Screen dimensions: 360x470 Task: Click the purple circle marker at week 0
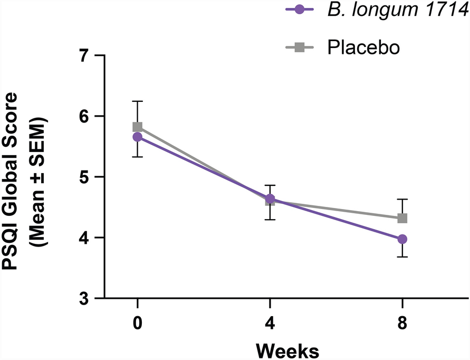[138, 137]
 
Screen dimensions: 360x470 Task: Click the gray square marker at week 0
[138, 127]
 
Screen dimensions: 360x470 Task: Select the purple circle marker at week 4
[270, 199]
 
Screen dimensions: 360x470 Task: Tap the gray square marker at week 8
[402, 218]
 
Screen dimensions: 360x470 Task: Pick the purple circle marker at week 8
[402, 239]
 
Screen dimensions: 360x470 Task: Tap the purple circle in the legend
[299, 10]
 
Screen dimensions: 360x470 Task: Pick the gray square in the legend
[299, 48]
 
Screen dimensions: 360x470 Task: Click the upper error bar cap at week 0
[138, 101]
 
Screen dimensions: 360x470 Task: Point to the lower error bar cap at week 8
[402, 257]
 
